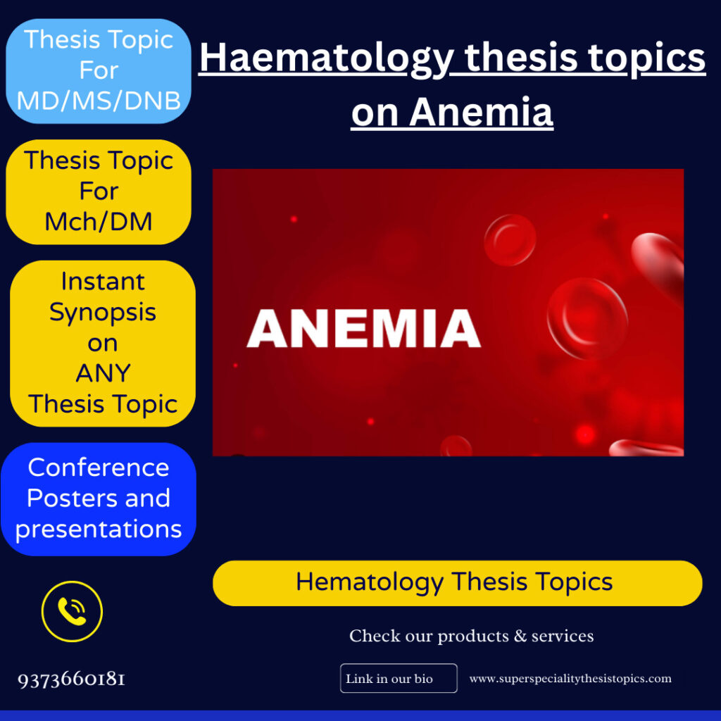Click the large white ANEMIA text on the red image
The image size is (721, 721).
(363, 329)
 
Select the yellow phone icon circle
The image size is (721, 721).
(72, 611)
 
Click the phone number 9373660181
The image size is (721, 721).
(72, 679)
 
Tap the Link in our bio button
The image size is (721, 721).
(398, 679)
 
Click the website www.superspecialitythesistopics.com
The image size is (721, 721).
(570, 679)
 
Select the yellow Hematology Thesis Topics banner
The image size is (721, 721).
(457, 583)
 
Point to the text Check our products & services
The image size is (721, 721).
(471, 636)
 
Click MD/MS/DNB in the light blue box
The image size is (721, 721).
(99, 101)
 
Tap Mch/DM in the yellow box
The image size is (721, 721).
(99, 222)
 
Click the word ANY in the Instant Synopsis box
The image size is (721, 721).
(103, 373)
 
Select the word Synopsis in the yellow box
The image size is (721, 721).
(103, 312)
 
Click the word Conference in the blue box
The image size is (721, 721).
(99, 468)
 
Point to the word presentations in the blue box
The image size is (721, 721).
(99, 529)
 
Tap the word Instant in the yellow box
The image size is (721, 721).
(103, 281)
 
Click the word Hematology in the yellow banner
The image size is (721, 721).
(370, 583)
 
